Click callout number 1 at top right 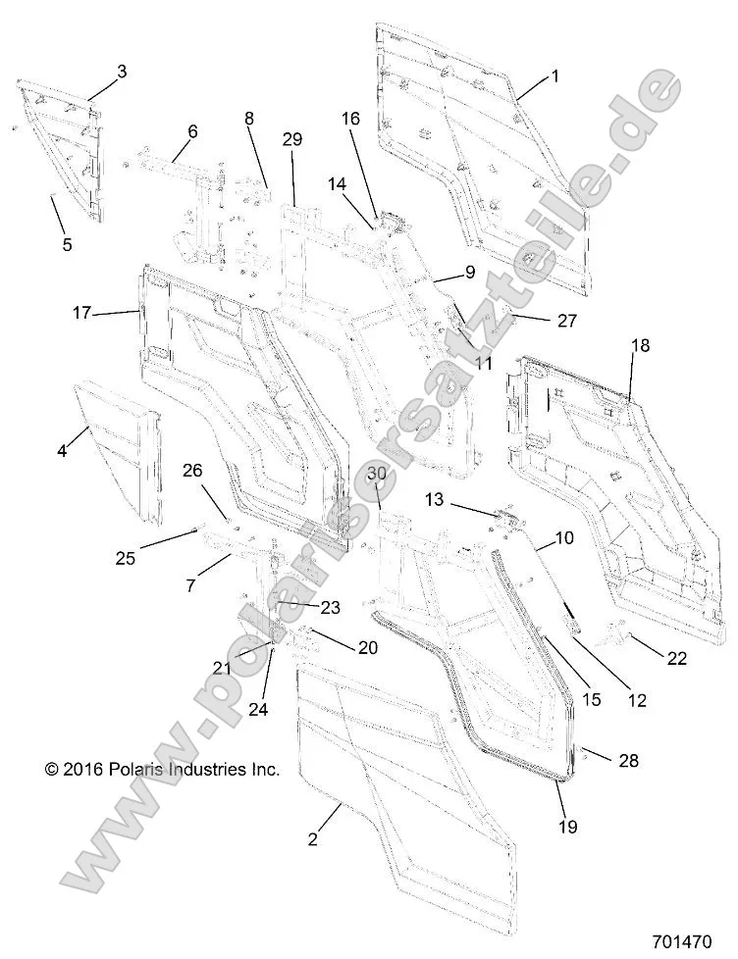coord(554,76)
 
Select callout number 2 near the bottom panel coord(313,838)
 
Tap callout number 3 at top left coord(122,71)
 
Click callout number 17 coord(81,313)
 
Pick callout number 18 coord(640,345)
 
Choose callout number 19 coord(569,827)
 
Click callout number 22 coord(677,659)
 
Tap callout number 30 coord(377,474)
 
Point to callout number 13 coord(435,500)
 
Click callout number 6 coord(192,130)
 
